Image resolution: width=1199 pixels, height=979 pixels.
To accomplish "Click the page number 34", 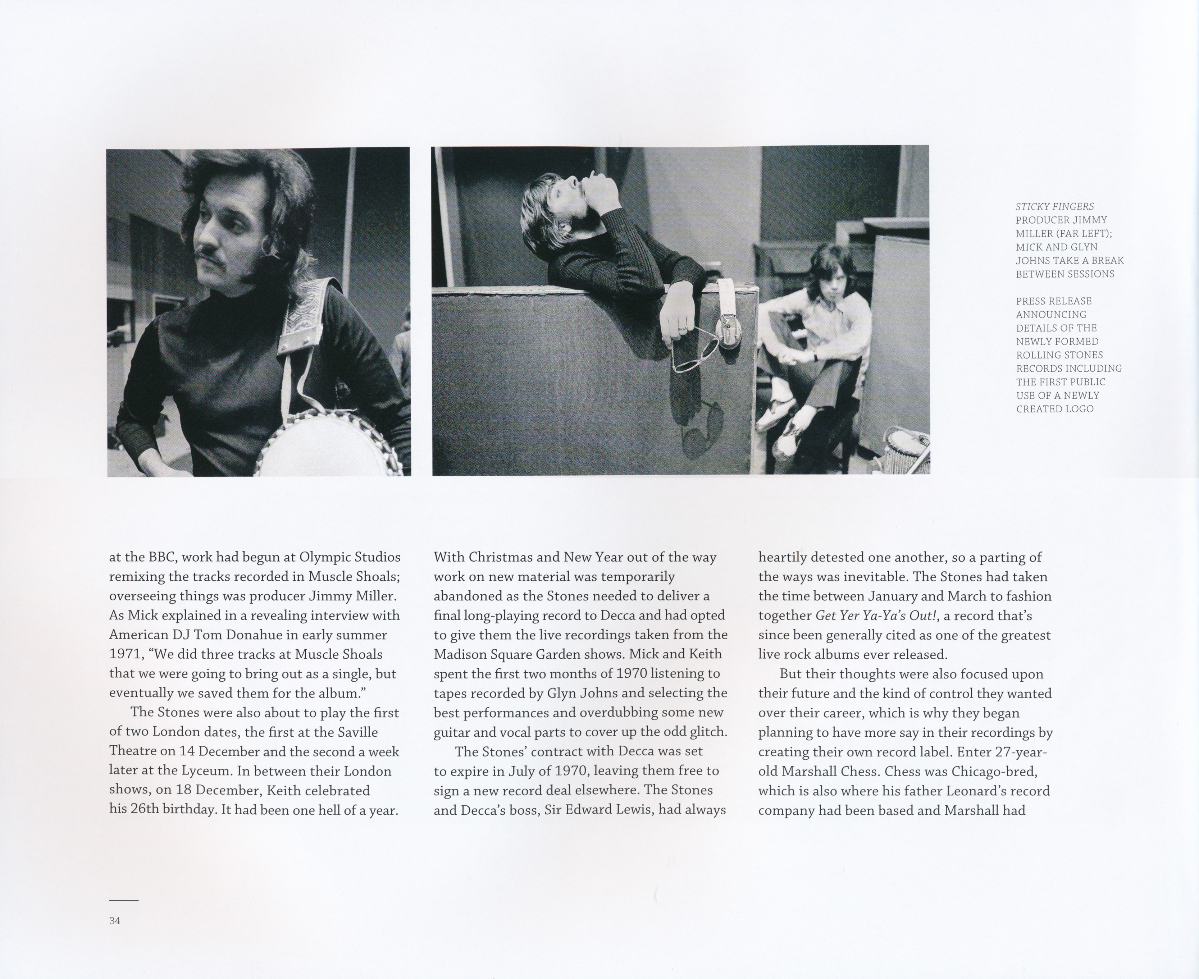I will tap(114, 921).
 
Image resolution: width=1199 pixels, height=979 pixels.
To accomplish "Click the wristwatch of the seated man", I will tap(816, 356).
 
